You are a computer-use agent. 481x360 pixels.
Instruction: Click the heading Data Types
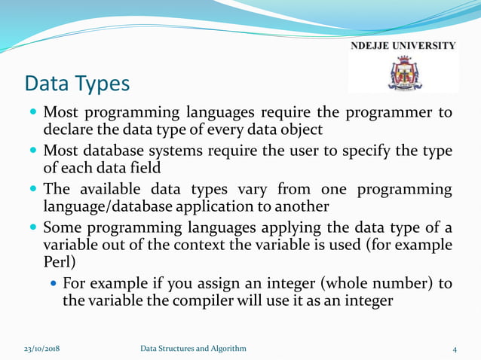[x=76, y=84]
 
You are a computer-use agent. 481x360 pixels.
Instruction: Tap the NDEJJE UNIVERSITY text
[x=403, y=46]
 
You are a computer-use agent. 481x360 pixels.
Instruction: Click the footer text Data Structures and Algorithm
[x=193, y=348]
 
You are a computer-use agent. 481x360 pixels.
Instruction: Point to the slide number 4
[x=455, y=349]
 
